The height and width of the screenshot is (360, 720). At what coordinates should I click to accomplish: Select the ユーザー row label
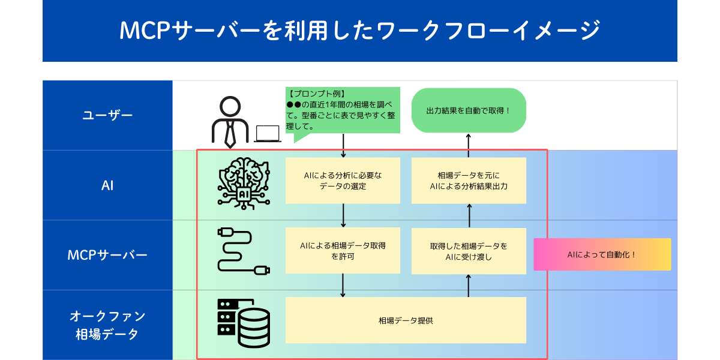(107, 115)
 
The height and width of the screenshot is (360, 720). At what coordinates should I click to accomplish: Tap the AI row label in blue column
(107, 185)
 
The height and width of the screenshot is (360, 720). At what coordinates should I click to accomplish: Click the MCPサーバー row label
(107, 255)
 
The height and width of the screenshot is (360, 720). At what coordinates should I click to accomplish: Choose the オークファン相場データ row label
(107, 325)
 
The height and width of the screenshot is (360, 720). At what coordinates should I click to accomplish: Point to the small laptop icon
(267, 133)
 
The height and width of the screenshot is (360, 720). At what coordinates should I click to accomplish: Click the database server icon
(243, 323)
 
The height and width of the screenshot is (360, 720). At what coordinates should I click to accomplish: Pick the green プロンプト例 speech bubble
(343, 111)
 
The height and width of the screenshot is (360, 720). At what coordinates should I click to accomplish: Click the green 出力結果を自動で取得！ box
(469, 110)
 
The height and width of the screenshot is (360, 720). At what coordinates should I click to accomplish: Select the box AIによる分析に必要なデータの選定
(343, 181)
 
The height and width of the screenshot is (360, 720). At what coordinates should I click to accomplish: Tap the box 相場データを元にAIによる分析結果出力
(469, 181)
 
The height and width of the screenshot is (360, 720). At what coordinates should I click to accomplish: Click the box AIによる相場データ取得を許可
(343, 251)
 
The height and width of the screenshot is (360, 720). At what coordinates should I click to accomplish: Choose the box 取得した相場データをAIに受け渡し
(469, 251)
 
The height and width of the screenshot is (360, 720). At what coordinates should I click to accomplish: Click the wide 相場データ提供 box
(406, 320)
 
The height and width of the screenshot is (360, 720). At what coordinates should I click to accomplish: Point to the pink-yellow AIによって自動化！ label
(602, 254)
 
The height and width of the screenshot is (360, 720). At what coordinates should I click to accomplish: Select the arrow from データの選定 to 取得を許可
(343, 215)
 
